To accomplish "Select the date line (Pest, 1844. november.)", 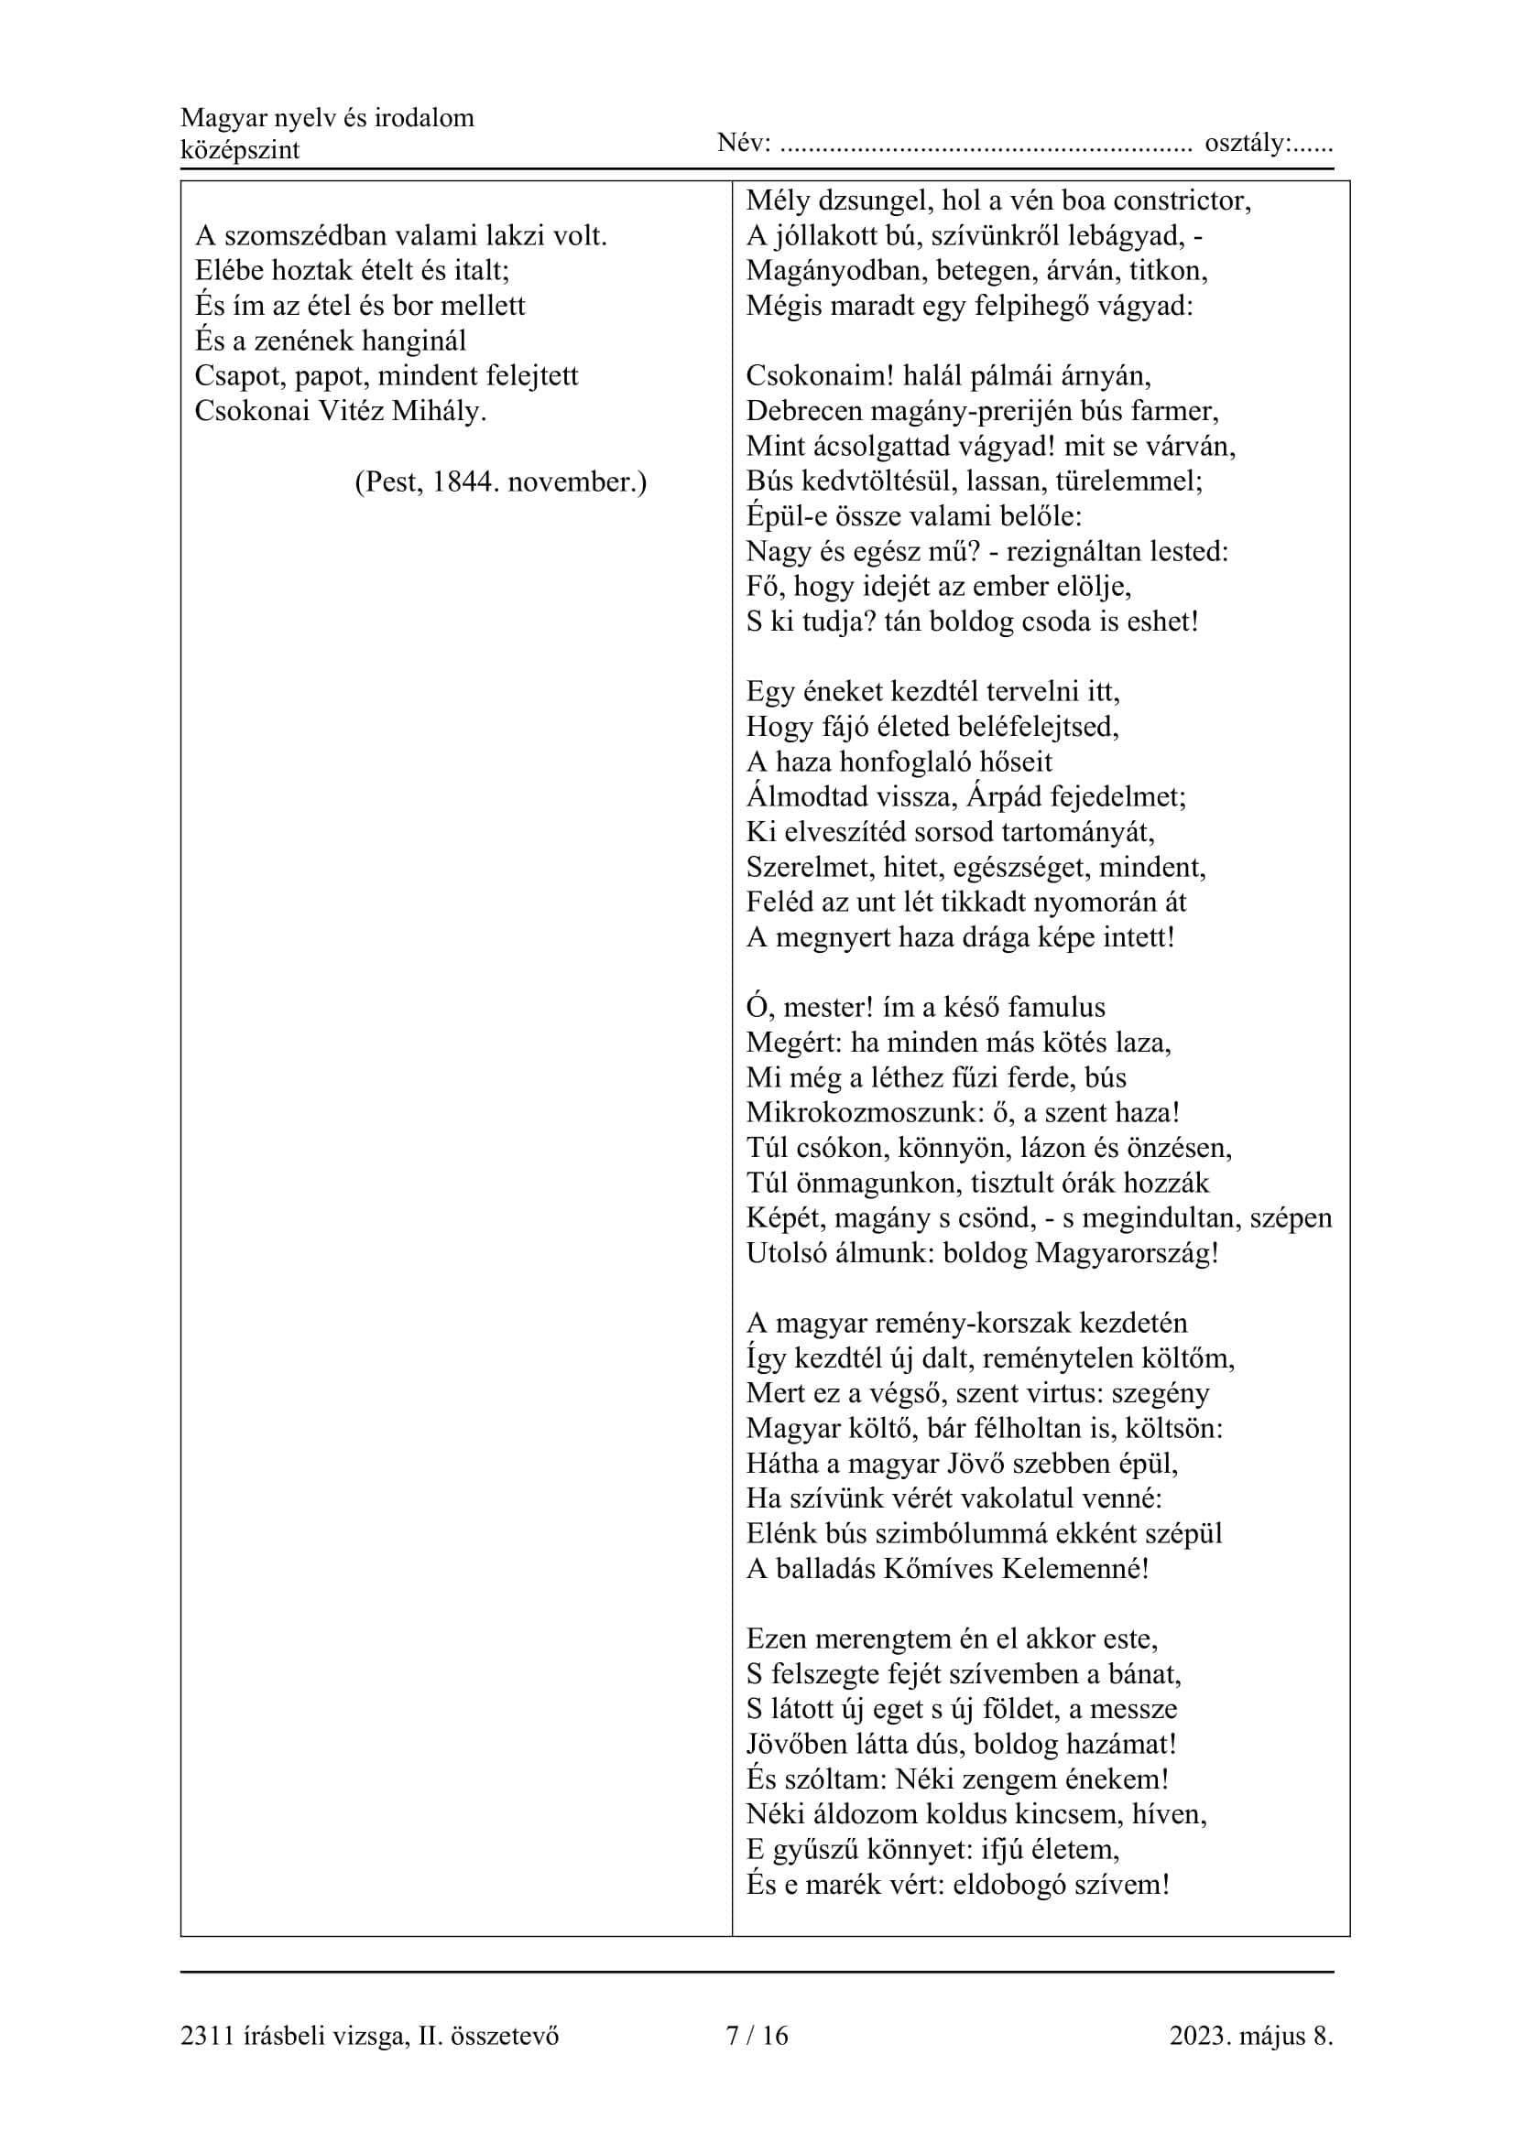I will pos(500,482).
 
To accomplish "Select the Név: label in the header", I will pos(744,144).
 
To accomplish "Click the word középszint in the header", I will pos(240,150).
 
